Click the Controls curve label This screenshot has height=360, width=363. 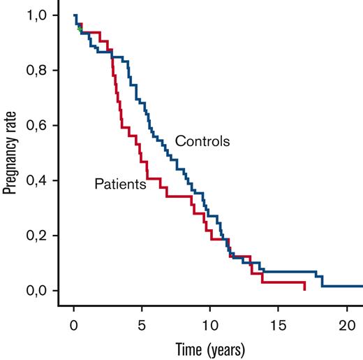202,141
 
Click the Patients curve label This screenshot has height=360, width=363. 120,185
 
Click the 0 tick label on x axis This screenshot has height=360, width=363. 74,325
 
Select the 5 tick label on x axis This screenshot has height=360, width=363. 142,325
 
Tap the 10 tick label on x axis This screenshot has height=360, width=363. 209,325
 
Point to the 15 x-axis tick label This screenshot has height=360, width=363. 278,325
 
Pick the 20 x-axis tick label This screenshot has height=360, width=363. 346,325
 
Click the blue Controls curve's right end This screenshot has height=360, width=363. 362,286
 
